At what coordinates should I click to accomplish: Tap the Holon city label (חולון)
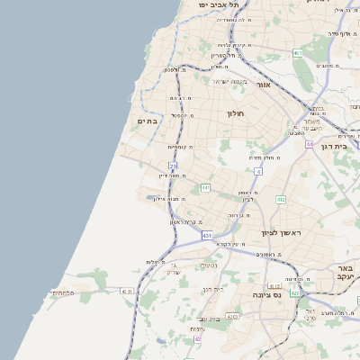point(247,114)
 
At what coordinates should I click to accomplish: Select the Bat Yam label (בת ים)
point(148,121)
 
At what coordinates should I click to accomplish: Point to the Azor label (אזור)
point(264,85)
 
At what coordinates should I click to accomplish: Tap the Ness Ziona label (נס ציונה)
point(267,294)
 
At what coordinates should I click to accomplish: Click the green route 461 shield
point(297,53)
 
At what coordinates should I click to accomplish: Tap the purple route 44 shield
point(310,144)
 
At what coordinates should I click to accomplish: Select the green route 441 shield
point(205,187)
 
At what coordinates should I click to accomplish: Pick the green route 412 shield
point(281,200)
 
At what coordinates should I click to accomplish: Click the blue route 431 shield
point(207,236)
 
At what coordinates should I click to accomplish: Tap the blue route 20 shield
point(173,165)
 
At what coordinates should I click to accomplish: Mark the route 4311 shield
point(125,291)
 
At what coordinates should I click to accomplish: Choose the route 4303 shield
point(232,316)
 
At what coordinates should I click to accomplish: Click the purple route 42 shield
point(197,339)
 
